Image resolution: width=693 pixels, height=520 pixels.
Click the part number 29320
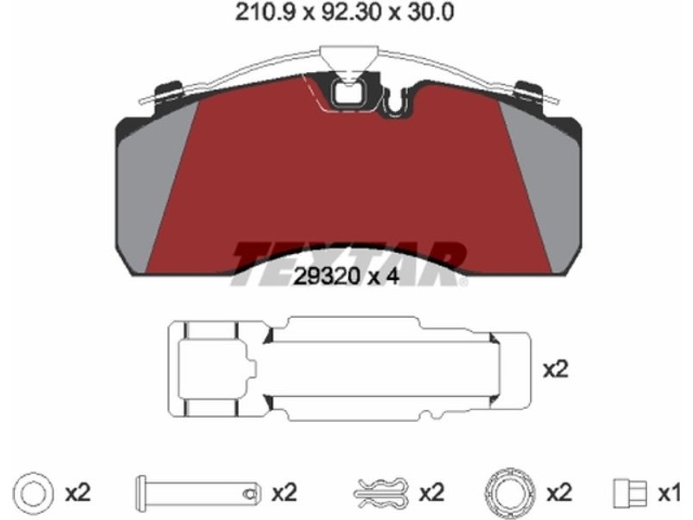pos(327,276)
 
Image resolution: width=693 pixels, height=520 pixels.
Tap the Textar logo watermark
pos(349,264)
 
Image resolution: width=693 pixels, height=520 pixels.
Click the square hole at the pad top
pos(346,94)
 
